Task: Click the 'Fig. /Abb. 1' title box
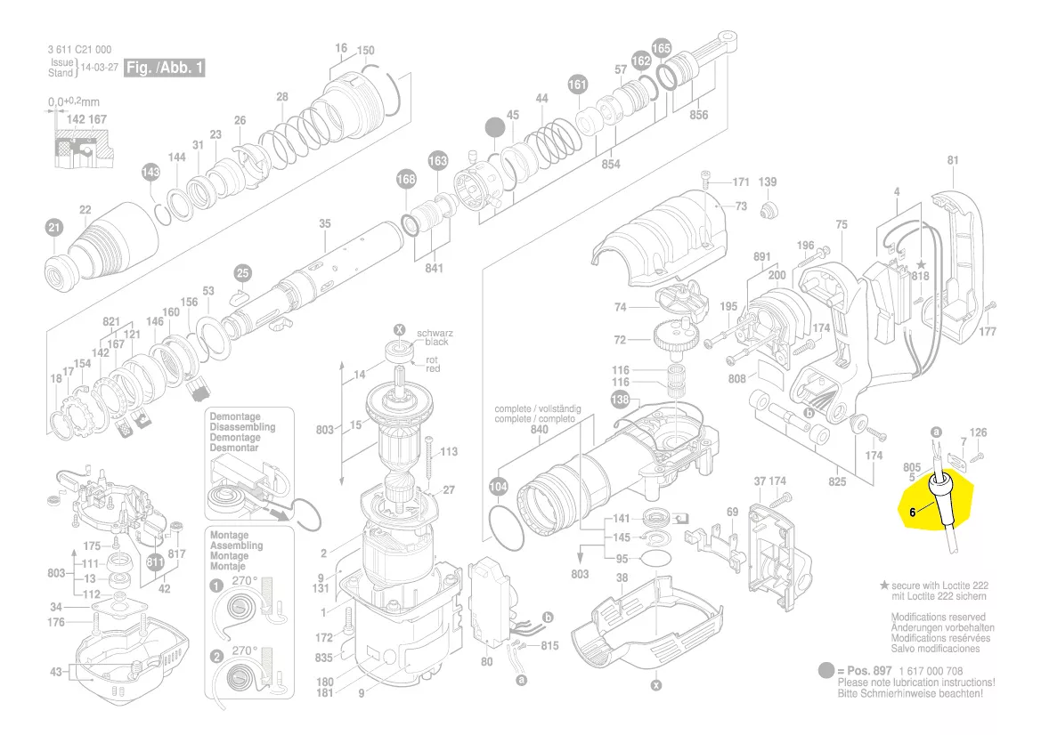164,69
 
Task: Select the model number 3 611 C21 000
80,49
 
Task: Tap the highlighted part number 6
914,512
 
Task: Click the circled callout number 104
499,487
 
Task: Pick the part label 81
954,160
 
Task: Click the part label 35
325,223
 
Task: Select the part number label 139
768,182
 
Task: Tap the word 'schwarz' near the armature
435,331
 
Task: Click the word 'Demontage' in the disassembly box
235,416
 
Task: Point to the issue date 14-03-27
101,68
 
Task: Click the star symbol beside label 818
921,265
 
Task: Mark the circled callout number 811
156,562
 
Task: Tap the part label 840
539,429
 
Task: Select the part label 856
698,116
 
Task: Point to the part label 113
448,452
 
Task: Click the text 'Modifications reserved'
939,617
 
